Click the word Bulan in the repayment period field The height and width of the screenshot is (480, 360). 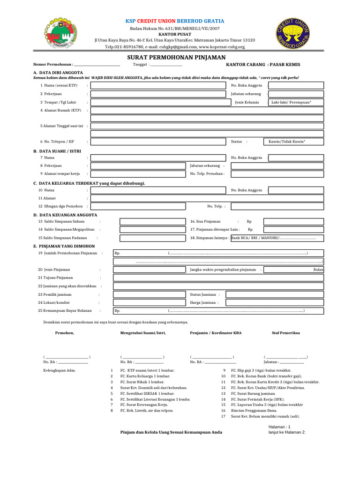coord(318,270)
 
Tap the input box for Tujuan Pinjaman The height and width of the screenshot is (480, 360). coord(218,278)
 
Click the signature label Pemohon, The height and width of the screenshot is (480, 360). coord(65,332)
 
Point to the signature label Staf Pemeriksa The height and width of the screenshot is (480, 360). coord(286,332)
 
